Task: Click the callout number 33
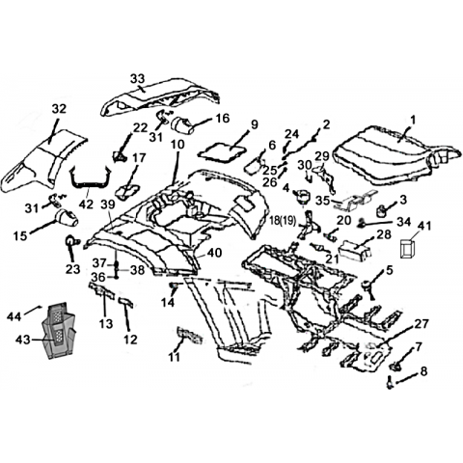click(138, 78)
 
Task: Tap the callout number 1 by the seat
click(413, 120)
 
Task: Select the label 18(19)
click(284, 221)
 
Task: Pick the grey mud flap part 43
click(59, 331)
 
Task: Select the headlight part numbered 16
click(183, 126)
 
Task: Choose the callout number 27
click(422, 324)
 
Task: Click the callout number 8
click(423, 371)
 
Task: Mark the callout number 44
click(14, 316)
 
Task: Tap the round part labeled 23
click(71, 241)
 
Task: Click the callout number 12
click(130, 340)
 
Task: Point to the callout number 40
click(214, 253)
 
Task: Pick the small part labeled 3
click(381, 211)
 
